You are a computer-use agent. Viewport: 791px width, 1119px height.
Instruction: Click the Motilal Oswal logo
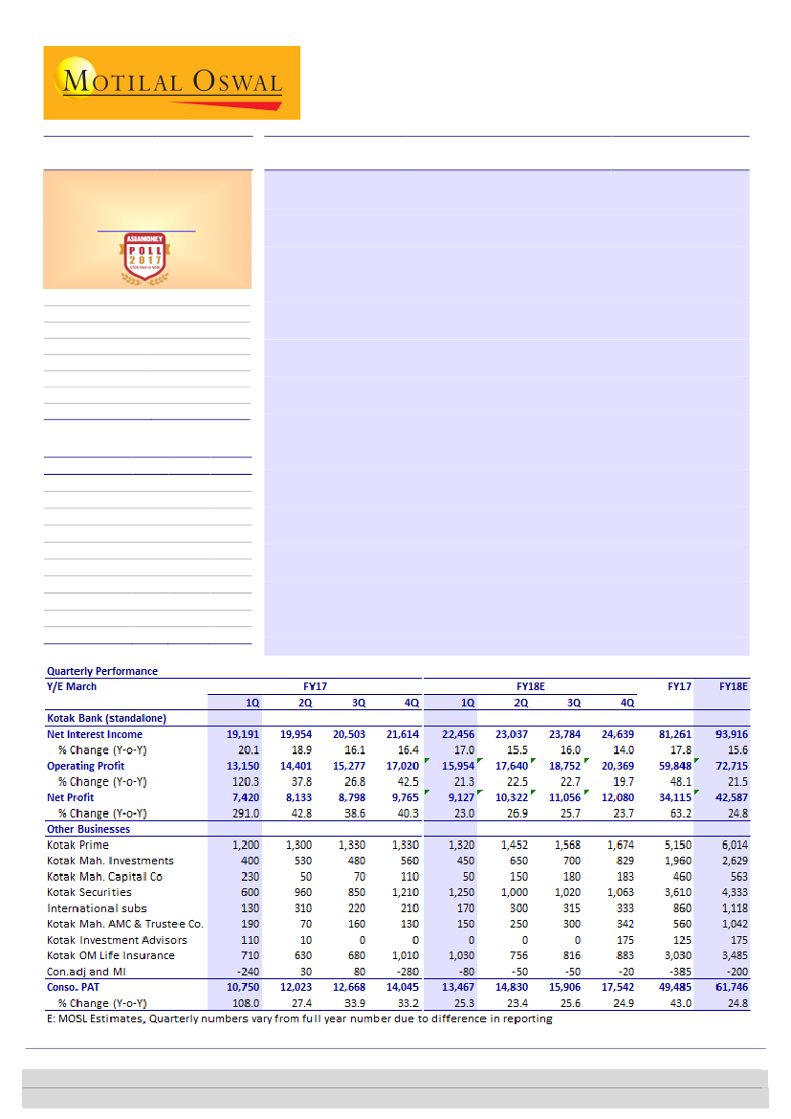coord(172,82)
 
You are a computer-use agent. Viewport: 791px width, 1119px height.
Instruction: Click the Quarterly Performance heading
coord(102,671)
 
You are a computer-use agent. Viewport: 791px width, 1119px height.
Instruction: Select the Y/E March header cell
coord(72,686)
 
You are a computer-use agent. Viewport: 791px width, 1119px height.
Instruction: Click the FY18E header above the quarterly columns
coord(531,686)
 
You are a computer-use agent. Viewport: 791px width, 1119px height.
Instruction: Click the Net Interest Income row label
coord(95,734)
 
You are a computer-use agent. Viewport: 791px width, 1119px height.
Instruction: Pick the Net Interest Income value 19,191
coord(243,734)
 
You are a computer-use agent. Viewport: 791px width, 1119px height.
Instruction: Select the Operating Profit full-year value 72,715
coord(729,766)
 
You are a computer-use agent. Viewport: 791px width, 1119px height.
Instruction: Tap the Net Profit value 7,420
coord(245,797)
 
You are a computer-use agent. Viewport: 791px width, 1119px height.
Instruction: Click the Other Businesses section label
coord(87,829)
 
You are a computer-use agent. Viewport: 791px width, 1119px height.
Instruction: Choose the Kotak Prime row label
coord(77,845)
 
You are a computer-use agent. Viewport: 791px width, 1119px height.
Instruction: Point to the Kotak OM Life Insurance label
coord(111,955)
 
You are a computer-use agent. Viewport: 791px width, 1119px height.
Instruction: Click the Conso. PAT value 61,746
coord(729,987)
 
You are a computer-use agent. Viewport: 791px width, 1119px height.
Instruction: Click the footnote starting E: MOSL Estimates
coord(299,1018)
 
